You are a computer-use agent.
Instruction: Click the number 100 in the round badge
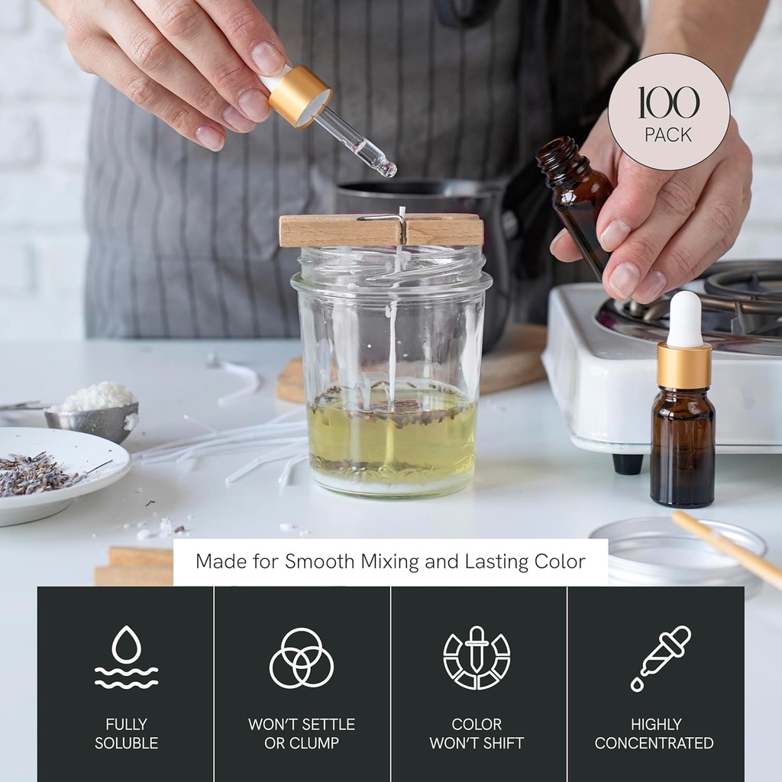[668, 103]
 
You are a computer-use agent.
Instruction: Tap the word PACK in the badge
[668, 135]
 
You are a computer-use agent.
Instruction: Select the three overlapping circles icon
[302, 658]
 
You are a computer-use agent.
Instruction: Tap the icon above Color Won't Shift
[477, 658]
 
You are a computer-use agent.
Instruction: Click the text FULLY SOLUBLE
[126, 733]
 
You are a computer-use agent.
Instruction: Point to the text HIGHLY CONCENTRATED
[654, 733]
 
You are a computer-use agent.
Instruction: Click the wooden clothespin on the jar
[381, 231]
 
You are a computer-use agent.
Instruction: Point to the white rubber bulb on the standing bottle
[684, 319]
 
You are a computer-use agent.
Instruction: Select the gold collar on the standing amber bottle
[684, 365]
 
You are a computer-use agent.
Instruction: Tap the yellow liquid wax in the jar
[392, 432]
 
